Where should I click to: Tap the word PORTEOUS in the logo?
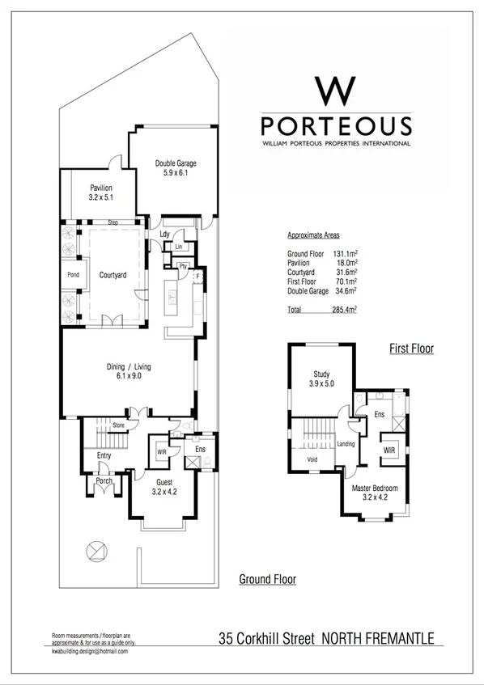336,126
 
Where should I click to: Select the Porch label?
104,481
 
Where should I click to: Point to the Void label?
313,459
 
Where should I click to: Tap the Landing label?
346,443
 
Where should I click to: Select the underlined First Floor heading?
411,349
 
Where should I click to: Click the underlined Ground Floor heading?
267,579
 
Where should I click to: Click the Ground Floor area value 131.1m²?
345,254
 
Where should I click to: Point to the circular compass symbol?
96,551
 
